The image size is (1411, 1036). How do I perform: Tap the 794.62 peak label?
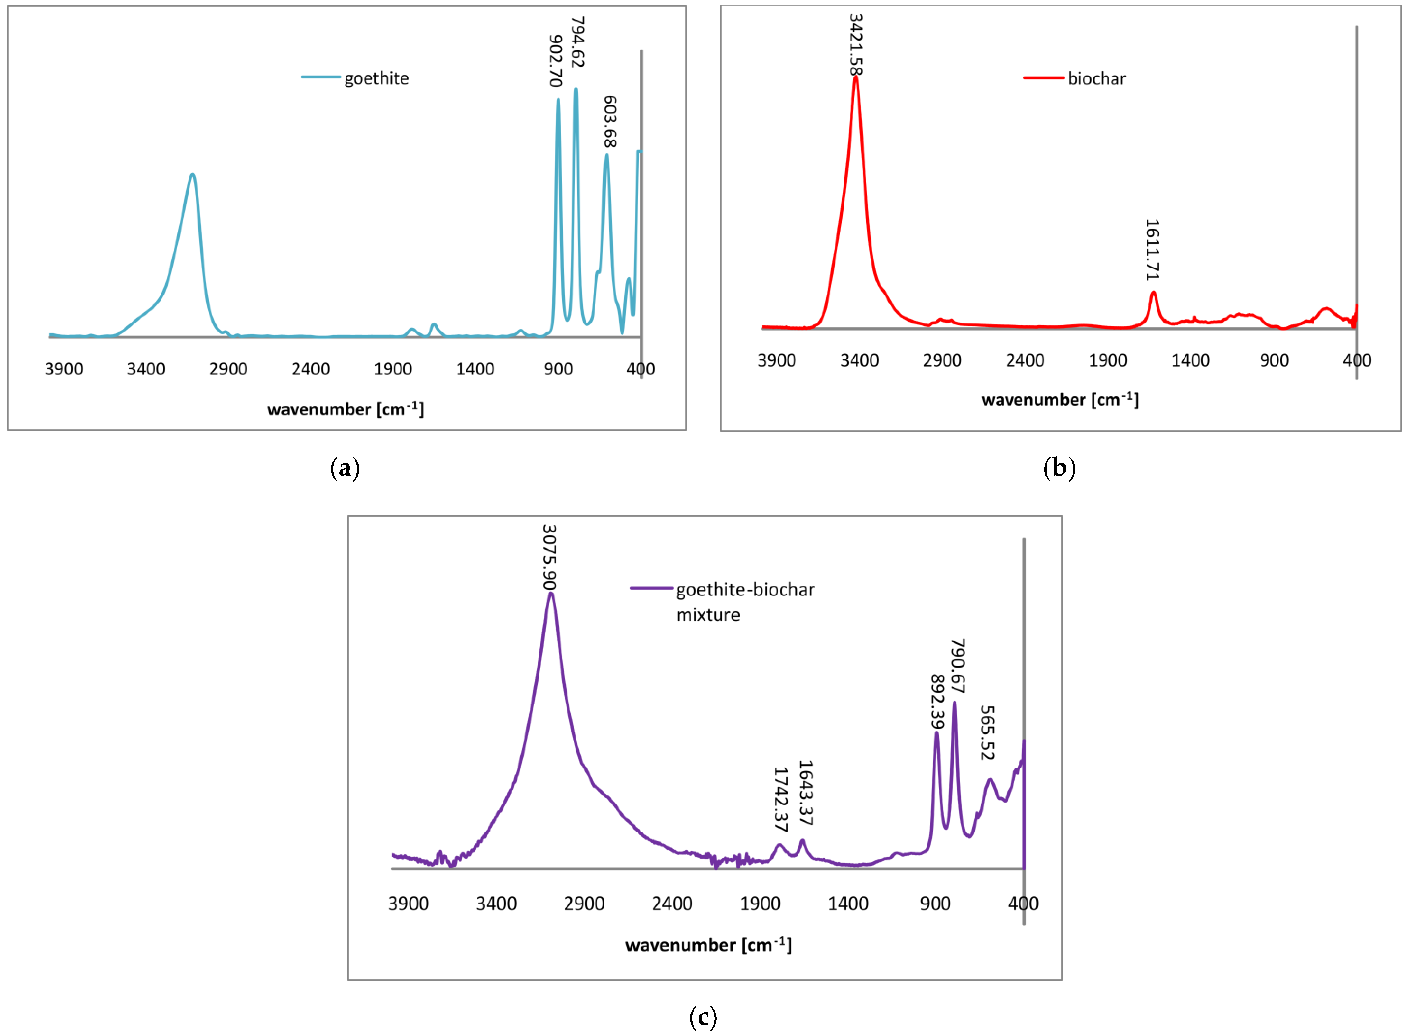click(x=577, y=42)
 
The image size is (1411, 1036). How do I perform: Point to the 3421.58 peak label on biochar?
click(x=856, y=44)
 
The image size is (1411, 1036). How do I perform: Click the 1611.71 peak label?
click(x=1153, y=250)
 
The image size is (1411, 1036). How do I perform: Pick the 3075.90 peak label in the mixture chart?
click(x=549, y=558)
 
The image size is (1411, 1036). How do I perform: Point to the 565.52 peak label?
click(x=988, y=732)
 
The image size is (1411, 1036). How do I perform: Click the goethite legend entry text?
click(x=376, y=78)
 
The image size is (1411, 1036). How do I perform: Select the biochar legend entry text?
click(x=1097, y=78)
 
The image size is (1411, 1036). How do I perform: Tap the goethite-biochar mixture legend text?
click(x=745, y=602)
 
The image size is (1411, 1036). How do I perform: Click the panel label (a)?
click(x=345, y=468)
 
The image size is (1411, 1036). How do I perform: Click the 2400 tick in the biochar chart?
click(x=1025, y=360)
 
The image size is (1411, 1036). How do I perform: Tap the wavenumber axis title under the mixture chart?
click(x=708, y=945)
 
